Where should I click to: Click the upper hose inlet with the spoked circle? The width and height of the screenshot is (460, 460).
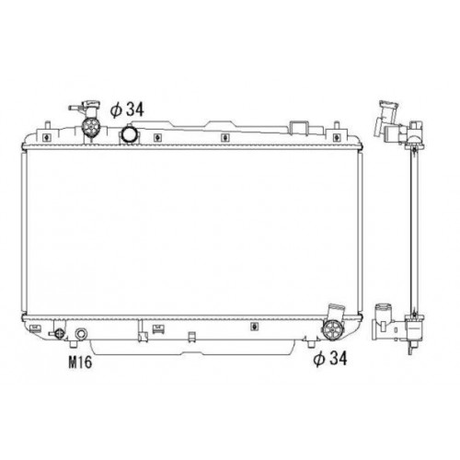click(x=93, y=128)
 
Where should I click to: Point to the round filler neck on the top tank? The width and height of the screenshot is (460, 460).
click(x=131, y=136)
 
